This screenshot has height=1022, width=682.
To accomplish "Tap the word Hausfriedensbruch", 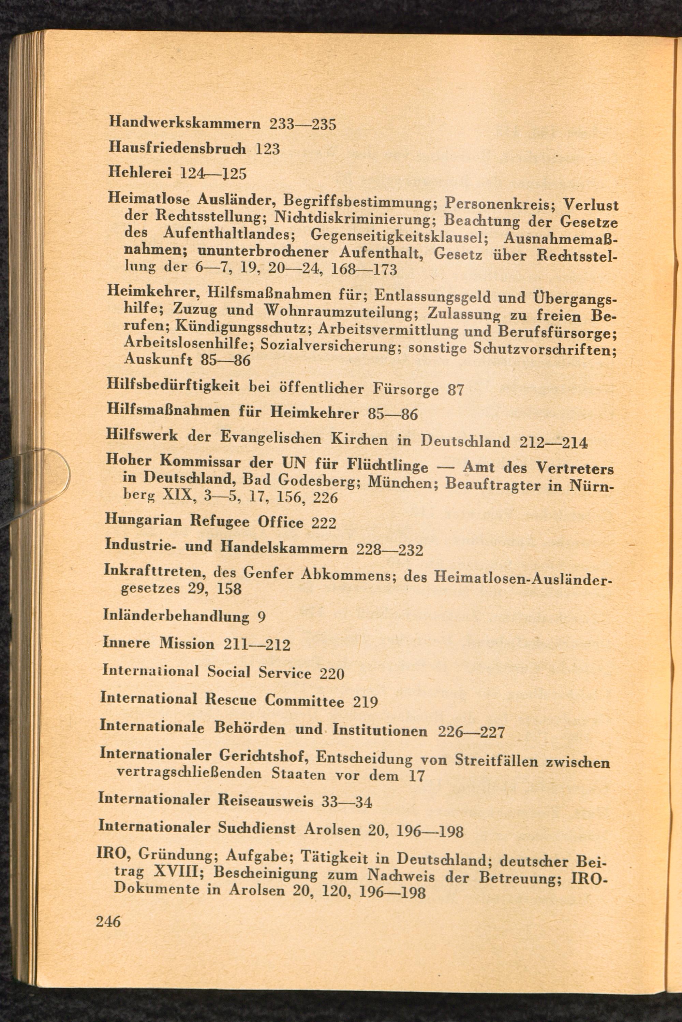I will [177, 148].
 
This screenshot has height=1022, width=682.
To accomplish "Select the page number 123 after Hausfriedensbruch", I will [267, 149].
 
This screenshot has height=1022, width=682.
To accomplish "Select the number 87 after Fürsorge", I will [456, 390].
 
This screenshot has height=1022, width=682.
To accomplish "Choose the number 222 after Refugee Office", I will [324, 523].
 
